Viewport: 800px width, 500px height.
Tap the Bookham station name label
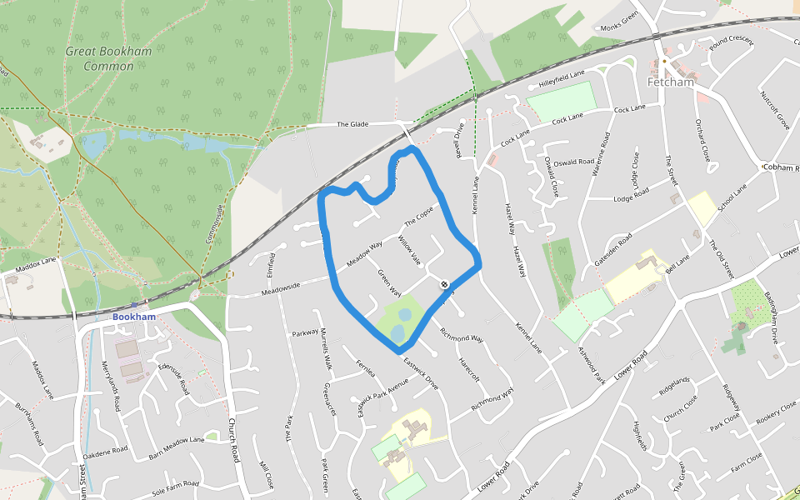pyautogui.click(x=133, y=317)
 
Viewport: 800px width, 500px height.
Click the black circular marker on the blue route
pyautogui.click(x=445, y=284)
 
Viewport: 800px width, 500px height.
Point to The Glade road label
pyautogui.click(x=352, y=124)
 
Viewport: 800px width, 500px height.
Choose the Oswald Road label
pyautogui.click(x=574, y=162)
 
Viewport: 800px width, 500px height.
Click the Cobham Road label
pyautogui.click(x=781, y=167)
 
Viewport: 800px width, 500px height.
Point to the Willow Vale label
pyautogui.click(x=410, y=250)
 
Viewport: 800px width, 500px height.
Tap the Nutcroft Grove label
pyautogui.click(x=774, y=109)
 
